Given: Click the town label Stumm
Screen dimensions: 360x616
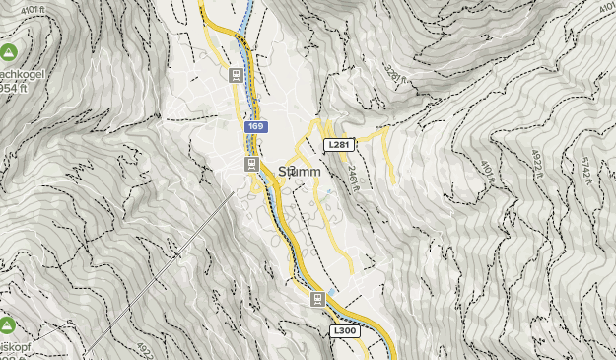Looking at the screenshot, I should click(x=300, y=171).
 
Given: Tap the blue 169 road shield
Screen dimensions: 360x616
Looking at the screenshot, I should click(x=256, y=127).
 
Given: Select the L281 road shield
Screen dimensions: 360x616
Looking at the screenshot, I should click(x=337, y=144).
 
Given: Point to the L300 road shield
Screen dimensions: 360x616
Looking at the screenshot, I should click(x=345, y=330).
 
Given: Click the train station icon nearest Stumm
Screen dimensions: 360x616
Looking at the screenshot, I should click(x=251, y=163).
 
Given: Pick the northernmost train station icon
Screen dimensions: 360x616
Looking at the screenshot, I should click(x=236, y=75).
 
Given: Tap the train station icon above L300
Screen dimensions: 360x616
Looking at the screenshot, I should click(x=317, y=299).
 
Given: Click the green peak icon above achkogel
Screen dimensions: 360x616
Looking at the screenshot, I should click(x=8, y=51).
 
